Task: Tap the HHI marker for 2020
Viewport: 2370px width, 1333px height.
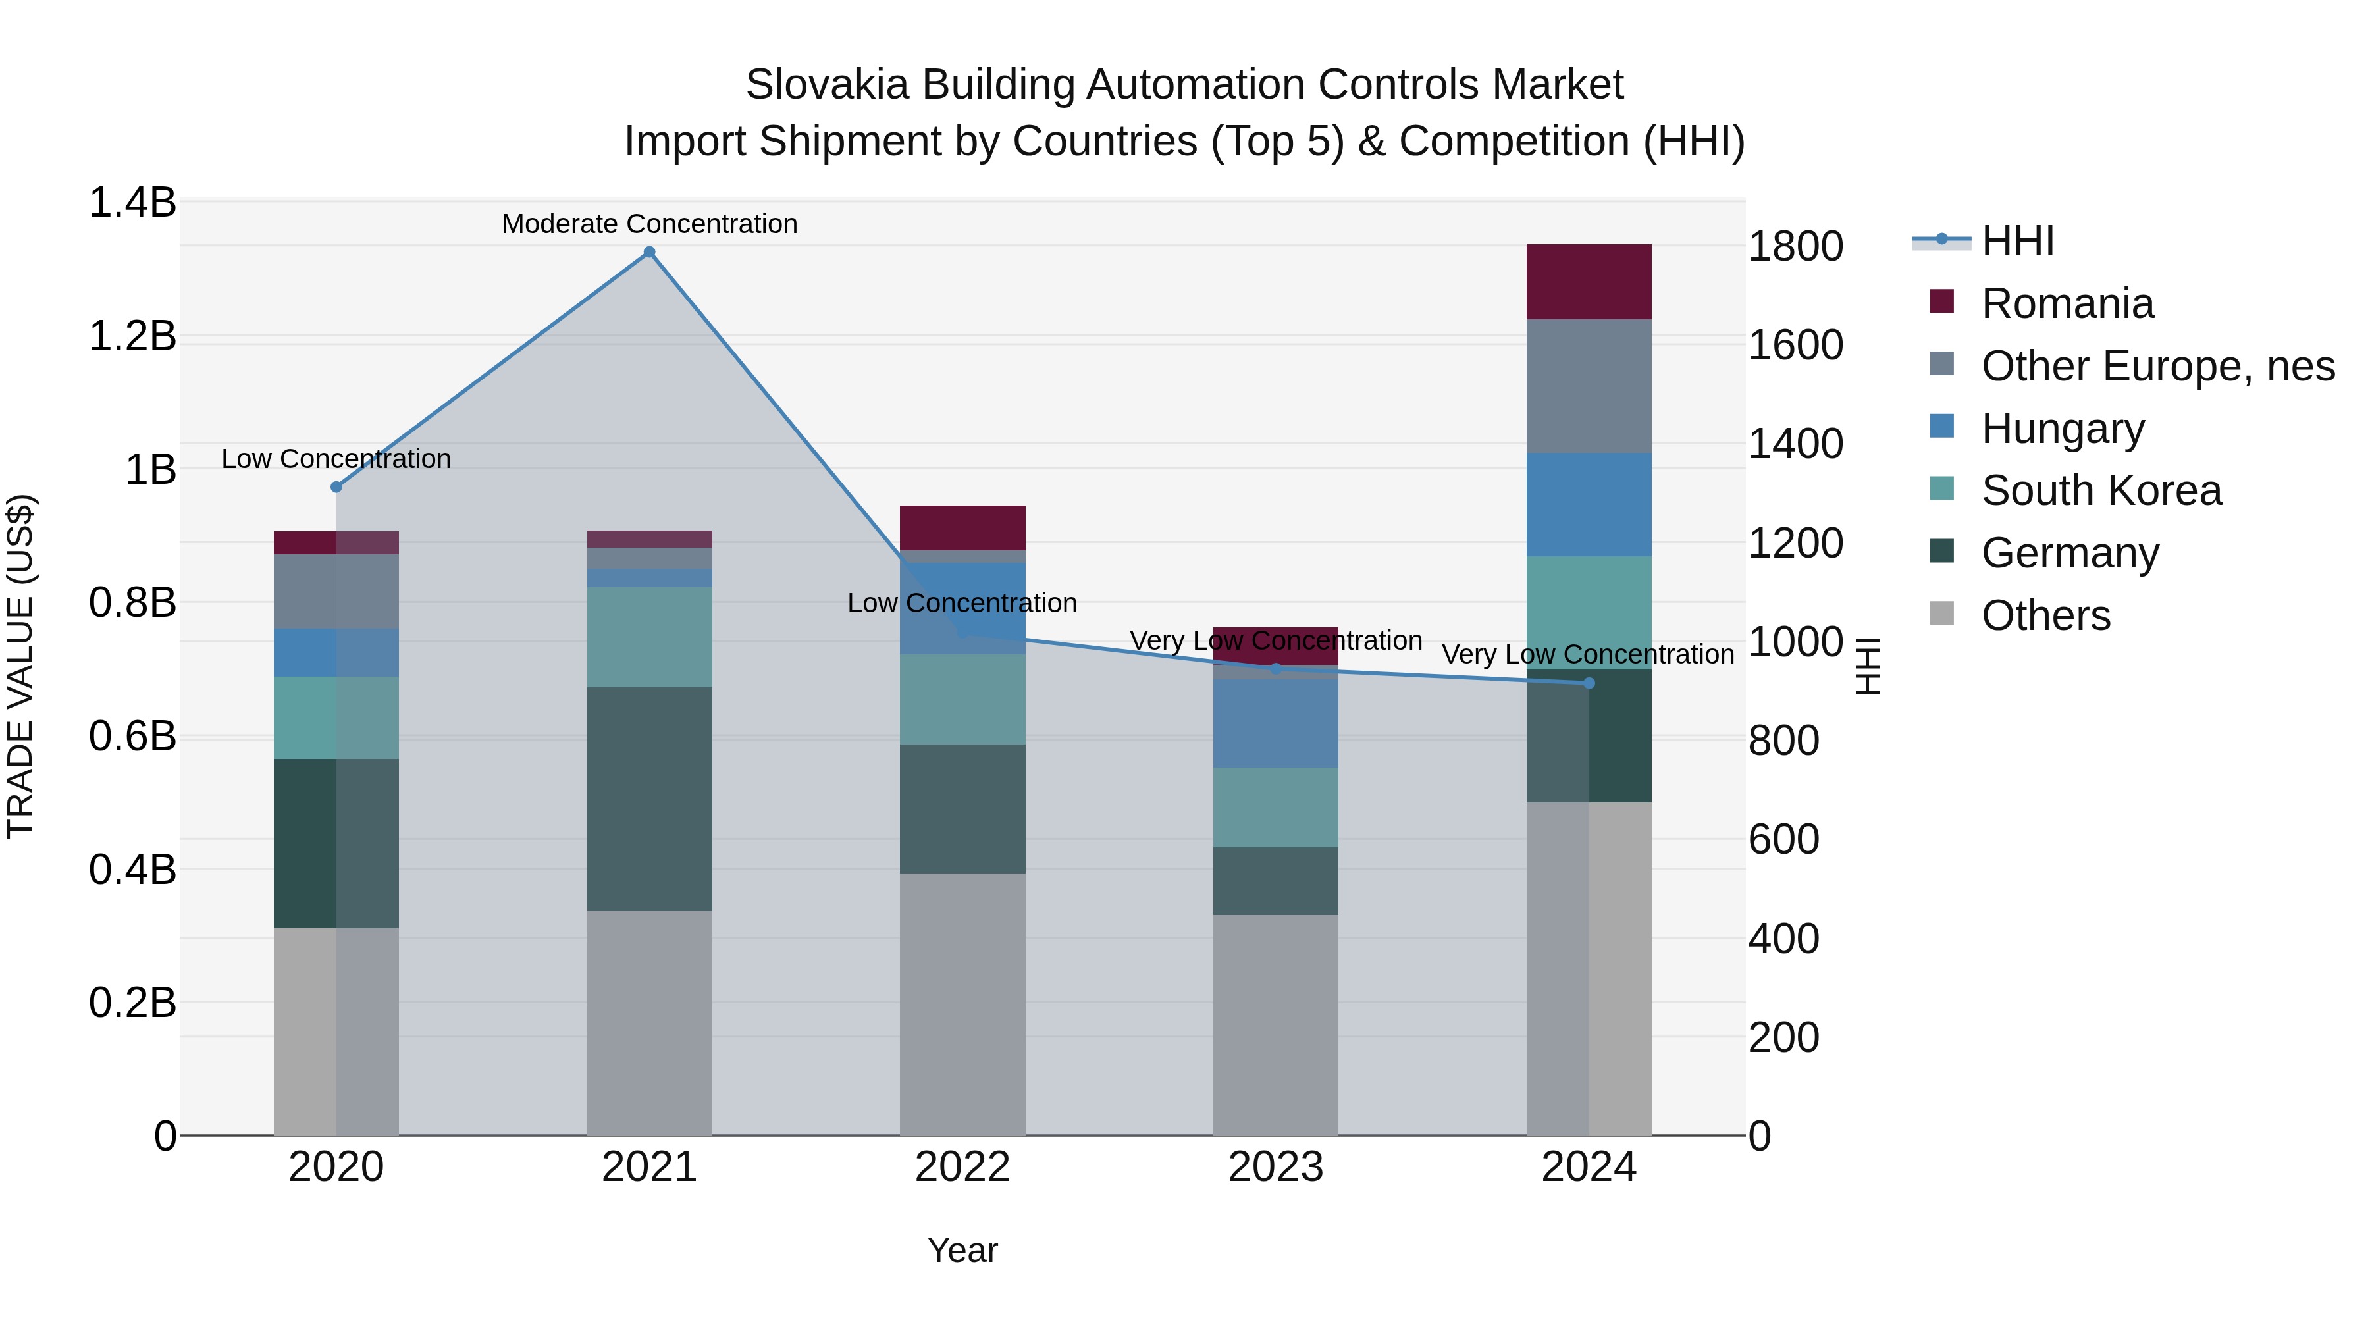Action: point(336,486)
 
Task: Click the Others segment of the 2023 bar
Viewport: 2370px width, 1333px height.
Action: point(1275,1024)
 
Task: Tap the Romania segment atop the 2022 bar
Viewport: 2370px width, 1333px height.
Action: point(962,528)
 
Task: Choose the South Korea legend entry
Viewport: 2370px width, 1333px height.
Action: point(2101,490)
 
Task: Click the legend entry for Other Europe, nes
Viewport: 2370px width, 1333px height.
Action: point(2157,366)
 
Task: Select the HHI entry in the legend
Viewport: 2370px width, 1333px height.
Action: point(2016,241)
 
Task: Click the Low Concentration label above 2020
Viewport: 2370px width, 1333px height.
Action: point(336,458)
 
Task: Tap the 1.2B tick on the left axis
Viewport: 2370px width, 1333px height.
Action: point(132,336)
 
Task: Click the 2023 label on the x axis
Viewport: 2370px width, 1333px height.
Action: point(1275,1167)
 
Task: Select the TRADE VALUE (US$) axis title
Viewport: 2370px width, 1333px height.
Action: point(20,666)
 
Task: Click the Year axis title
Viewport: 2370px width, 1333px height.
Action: point(962,1250)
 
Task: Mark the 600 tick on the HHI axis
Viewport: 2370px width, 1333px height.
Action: point(1783,840)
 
